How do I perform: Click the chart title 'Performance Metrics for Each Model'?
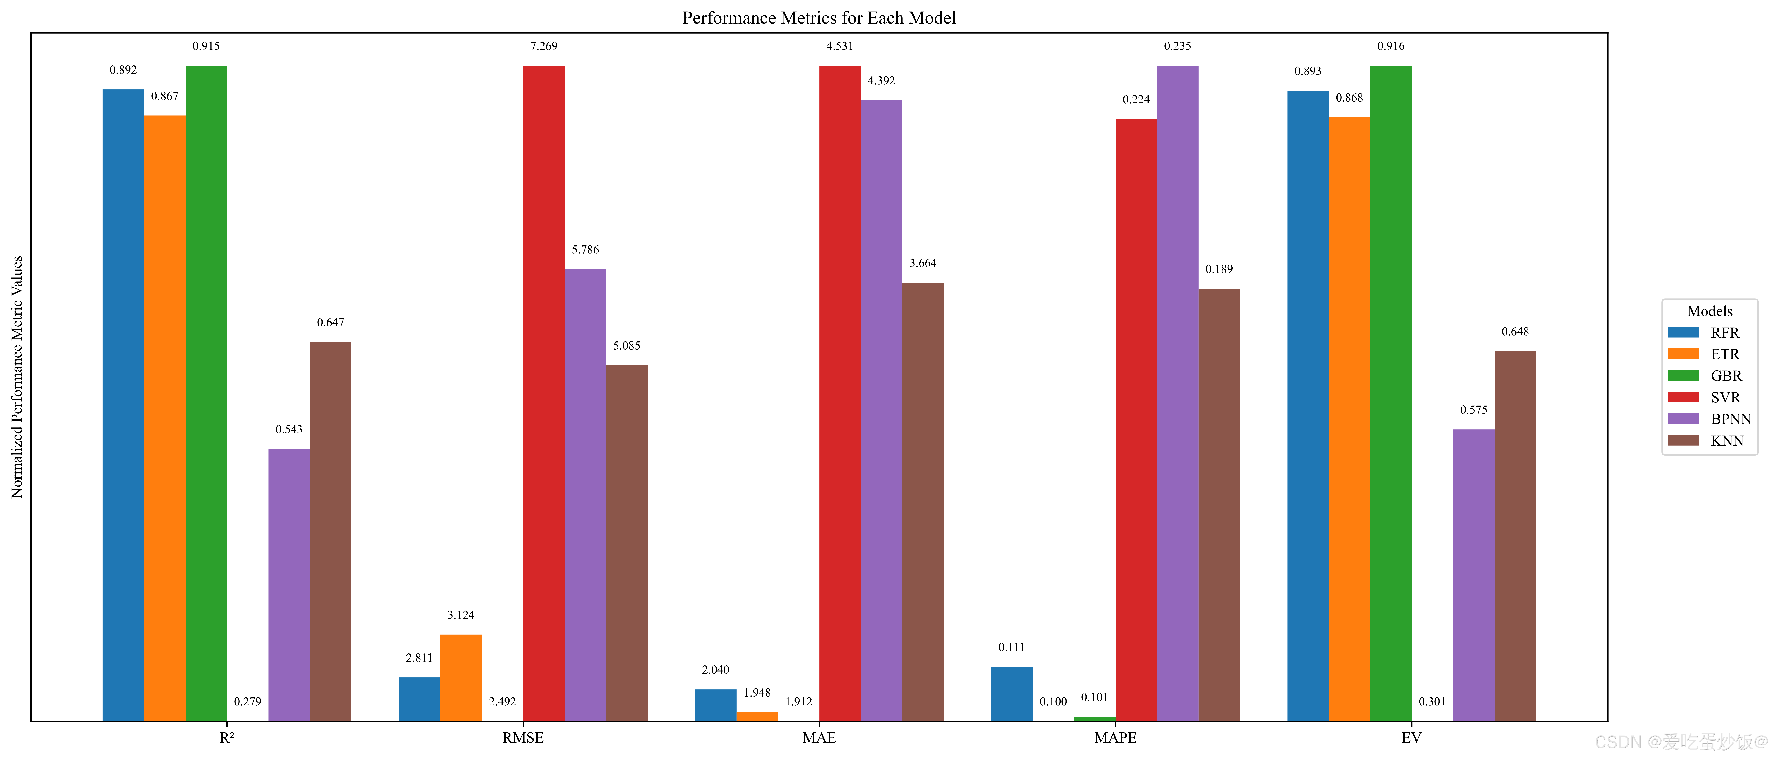point(818,18)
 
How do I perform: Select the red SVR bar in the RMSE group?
point(544,393)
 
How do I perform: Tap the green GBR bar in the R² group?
point(206,393)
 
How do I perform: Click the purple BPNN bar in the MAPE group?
point(1178,393)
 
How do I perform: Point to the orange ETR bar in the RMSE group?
point(461,677)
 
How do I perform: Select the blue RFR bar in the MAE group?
point(716,705)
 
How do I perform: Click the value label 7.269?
point(544,46)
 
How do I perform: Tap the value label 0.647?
point(330,323)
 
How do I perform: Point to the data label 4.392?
point(881,81)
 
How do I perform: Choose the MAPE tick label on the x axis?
point(1115,738)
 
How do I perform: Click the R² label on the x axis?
point(227,738)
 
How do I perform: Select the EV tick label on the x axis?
point(1411,738)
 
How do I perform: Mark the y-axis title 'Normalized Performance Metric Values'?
point(17,377)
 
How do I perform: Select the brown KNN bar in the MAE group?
point(923,502)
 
